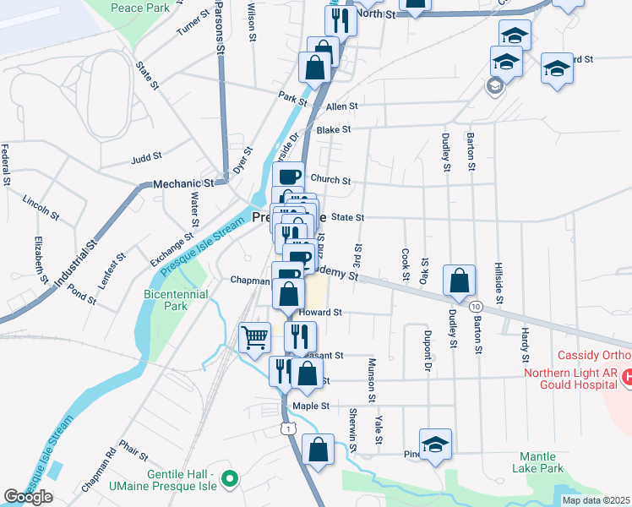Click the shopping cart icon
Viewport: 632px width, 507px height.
pos(254,338)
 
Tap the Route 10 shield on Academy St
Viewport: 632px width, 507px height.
pos(477,305)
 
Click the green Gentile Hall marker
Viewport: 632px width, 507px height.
pos(227,482)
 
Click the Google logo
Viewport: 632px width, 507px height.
pos(28,497)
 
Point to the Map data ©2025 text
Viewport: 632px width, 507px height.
pos(596,500)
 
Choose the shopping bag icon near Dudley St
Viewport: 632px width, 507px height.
pos(457,282)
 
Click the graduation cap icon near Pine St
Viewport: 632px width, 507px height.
pos(435,445)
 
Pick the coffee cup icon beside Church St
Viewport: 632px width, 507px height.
pos(288,177)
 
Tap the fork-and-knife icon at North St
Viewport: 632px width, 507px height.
pos(341,21)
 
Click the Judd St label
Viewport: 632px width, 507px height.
pos(146,157)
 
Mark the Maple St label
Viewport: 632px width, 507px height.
pos(309,406)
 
